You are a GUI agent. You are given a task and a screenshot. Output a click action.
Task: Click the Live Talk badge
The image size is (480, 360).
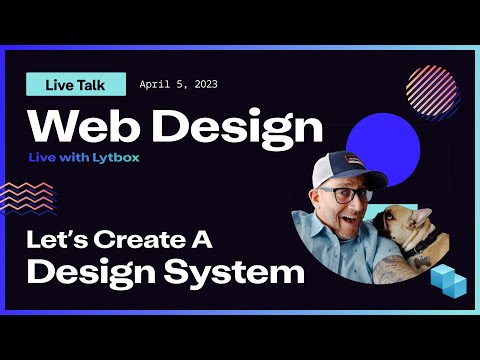pyautogui.click(x=76, y=85)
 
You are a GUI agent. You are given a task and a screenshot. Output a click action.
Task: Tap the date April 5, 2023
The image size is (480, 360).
pyautogui.click(x=177, y=85)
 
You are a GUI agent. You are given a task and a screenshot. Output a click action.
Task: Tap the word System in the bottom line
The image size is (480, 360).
pyautogui.click(x=247, y=271)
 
